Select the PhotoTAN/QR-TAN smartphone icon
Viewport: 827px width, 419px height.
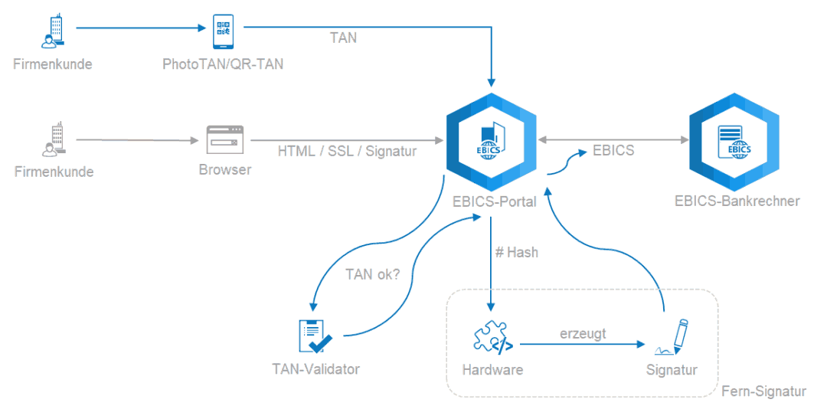[x=223, y=31]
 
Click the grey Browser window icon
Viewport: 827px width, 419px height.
[x=224, y=139]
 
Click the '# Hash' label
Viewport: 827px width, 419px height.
[x=517, y=252]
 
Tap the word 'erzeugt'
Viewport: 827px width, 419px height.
[x=583, y=334]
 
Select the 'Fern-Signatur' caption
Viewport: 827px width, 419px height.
[x=763, y=391]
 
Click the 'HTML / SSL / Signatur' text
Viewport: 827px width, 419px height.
[x=347, y=151]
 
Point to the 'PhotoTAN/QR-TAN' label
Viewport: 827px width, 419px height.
[x=223, y=64]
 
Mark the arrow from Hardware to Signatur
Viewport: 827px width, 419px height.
[x=582, y=345]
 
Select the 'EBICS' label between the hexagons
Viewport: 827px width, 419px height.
[x=613, y=150]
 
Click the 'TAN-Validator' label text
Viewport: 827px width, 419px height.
[x=315, y=369]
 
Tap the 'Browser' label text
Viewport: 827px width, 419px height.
[x=224, y=170]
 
